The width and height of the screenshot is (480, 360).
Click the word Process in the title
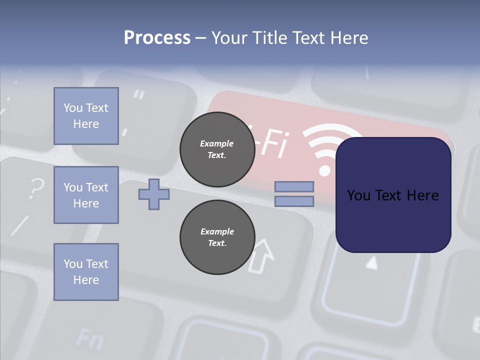157,38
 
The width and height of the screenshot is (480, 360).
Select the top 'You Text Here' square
86,116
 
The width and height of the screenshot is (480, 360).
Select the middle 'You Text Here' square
86,195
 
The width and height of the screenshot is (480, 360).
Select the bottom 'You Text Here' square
86,272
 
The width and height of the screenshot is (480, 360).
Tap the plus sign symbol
154,194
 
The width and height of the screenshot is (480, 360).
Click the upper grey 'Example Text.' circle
217,149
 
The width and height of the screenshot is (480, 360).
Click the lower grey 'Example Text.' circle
217,237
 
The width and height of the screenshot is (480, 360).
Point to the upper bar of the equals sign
294,186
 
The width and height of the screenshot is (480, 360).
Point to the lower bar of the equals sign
294,201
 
